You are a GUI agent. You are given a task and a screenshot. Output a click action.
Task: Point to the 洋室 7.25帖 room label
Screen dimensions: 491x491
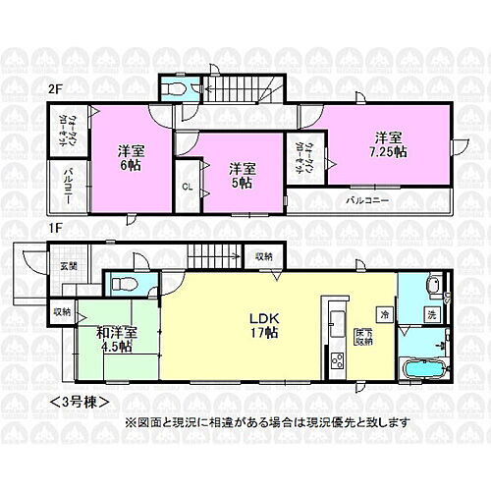pos(387,143)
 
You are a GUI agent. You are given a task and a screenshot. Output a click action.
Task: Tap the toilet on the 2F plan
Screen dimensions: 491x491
pos(176,88)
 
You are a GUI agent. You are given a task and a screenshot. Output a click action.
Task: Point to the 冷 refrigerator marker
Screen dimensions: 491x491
pos(384,314)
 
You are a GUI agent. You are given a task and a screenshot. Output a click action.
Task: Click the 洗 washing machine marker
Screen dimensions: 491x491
pos(430,314)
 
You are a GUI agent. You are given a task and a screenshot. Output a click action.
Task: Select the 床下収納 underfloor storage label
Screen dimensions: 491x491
pos(363,337)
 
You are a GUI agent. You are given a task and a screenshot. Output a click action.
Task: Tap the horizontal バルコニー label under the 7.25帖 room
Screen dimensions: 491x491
pos(369,199)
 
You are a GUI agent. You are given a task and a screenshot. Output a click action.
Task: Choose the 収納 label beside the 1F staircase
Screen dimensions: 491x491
pos(263,256)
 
